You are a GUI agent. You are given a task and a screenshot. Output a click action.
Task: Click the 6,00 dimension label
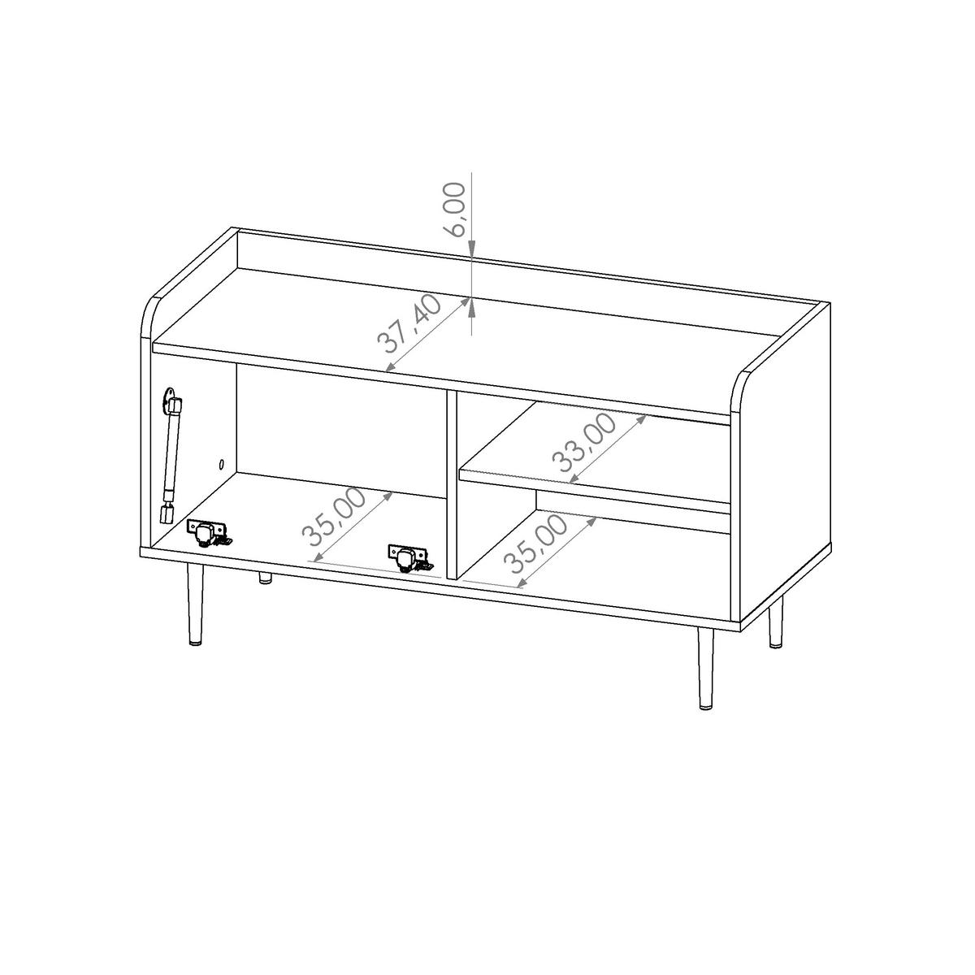click(453, 210)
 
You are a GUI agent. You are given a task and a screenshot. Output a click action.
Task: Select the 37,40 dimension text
click(409, 324)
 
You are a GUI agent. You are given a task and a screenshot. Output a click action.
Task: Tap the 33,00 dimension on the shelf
click(583, 443)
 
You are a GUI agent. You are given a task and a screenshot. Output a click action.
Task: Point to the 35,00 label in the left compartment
click(333, 518)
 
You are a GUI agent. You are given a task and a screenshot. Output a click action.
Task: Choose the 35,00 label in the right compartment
click(535, 544)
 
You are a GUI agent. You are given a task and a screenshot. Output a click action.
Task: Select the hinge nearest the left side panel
click(209, 534)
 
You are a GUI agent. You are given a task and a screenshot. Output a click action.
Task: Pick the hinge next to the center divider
click(409, 558)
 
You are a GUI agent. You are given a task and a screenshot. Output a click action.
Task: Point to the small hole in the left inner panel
click(222, 463)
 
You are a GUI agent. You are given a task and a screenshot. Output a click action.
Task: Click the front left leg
click(195, 604)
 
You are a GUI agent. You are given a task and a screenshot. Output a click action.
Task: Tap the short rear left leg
click(265, 578)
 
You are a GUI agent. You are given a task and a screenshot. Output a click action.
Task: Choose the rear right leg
click(775, 622)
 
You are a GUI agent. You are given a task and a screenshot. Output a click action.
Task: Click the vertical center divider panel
click(452, 483)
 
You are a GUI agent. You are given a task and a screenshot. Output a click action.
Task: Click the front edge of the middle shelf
click(595, 492)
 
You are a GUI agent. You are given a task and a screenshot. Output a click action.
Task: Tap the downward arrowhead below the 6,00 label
click(471, 246)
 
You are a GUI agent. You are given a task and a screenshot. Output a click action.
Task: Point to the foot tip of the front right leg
click(704, 707)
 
